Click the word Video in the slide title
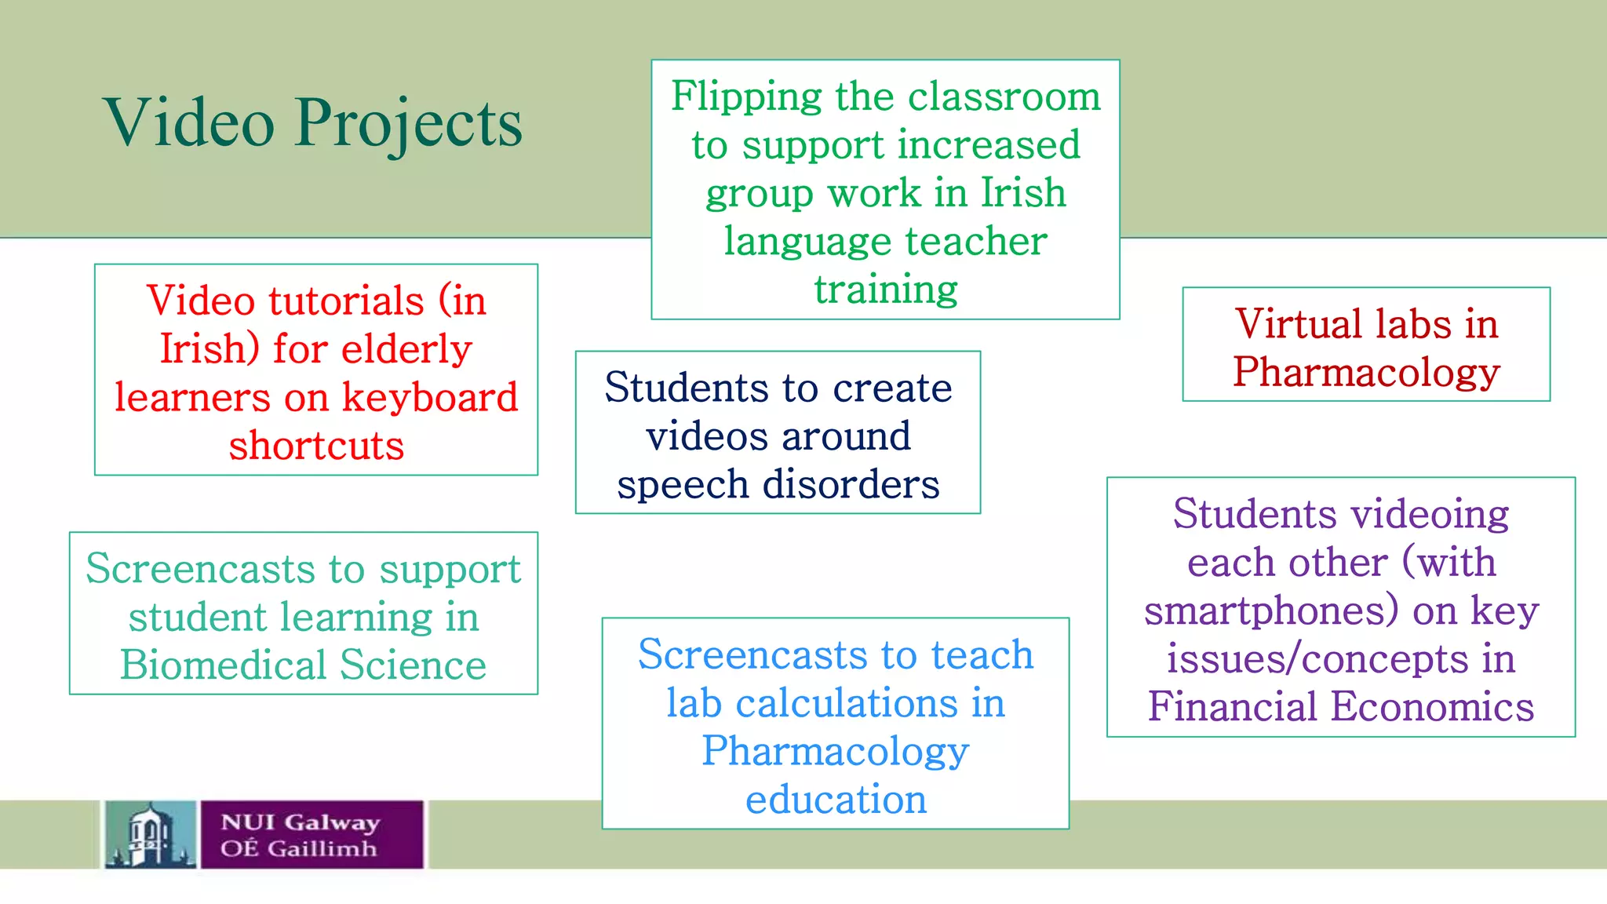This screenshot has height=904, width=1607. tap(189, 122)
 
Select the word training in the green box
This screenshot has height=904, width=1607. tap(886, 290)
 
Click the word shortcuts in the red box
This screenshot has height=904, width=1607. tap(316, 446)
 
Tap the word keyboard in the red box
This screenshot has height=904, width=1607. tap(430, 397)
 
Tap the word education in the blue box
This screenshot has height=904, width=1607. tap(836, 800)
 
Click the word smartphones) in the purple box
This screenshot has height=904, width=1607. tap(1272, 611)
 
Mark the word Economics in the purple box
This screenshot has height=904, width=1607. tap(1433, 706)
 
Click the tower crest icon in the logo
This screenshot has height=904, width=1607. tap(150, 834)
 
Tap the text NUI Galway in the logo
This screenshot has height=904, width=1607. tap(301, 822)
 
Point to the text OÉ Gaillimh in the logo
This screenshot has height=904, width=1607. tap(299, 849)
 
